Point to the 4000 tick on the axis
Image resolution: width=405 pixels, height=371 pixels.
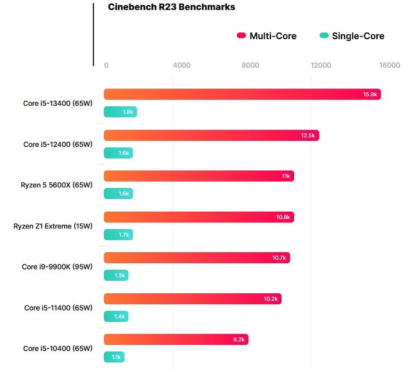coord(181,65)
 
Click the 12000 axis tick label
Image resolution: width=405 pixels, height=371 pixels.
coord(320,65)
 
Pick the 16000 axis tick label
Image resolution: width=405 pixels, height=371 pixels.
coord(389,65)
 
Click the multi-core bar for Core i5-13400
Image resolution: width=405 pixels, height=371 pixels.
coord(242,95)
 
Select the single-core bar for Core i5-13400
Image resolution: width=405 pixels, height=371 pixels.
coord(120,112)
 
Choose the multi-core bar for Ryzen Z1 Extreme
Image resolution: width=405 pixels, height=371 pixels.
coord(198,217)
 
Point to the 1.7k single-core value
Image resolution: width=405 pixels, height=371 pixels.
coord(123,235)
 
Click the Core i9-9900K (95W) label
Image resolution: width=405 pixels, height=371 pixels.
coord(57,266)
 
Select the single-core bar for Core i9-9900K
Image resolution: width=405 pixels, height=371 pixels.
coord(116,275)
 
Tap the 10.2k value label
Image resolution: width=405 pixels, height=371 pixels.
coord(271,299)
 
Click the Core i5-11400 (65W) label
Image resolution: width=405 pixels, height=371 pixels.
coord(58,308)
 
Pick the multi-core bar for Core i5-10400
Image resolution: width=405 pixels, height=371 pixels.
coord(176,339)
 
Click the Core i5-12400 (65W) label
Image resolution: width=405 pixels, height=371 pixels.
coord(58,144)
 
